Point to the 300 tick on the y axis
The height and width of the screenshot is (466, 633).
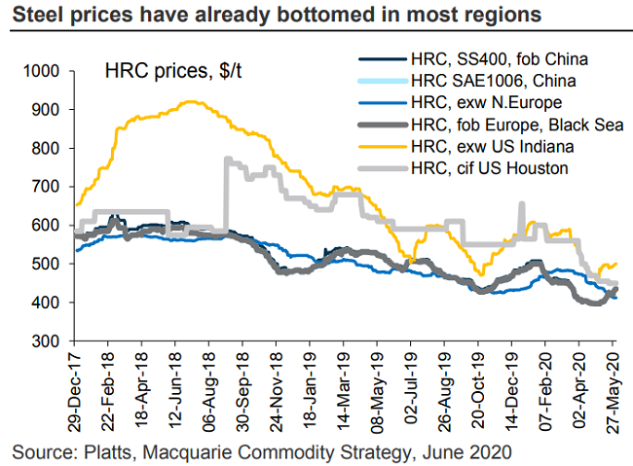(49, 341)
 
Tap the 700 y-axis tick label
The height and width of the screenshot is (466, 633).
(49, 187)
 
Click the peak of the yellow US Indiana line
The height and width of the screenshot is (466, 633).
(188, 102)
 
